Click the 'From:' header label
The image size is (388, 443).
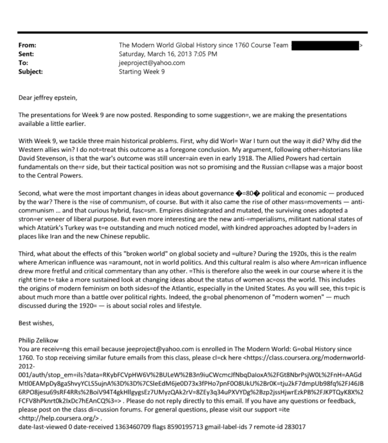pos(27,45)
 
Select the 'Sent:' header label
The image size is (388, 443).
pos(26,54)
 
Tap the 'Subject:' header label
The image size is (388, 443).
pos(30,71)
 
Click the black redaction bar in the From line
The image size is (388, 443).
pos(325,45)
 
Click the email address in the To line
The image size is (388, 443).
pos(152,63)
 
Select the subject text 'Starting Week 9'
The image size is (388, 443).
pos(142,71)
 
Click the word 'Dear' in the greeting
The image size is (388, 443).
pos(25,98)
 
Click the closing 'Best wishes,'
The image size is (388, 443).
pos(36,323)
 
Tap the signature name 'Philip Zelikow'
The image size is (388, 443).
pos(38,340)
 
